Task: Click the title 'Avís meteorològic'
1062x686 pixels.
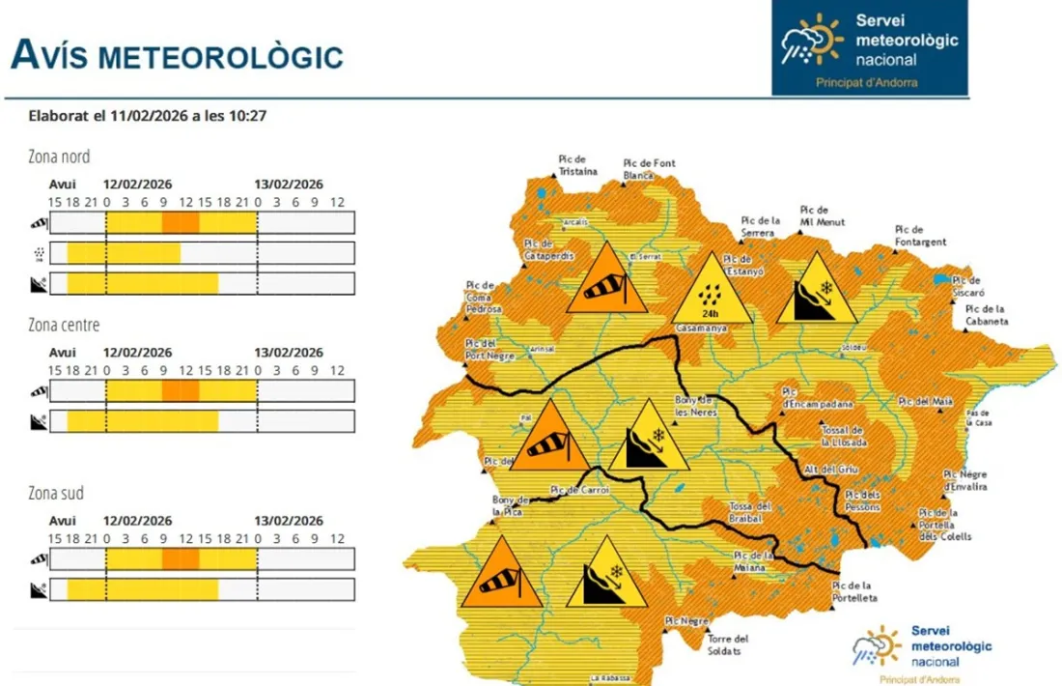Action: pos(177,54)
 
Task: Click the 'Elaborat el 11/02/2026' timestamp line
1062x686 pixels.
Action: pos(148,116)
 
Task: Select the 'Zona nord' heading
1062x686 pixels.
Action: pos(60,157)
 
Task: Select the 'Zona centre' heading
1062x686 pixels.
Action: pos(65,325)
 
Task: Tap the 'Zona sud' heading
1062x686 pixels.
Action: pos(56,493)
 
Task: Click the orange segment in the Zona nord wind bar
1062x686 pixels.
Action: pos(181,223)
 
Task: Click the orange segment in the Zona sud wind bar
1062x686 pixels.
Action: pos(181,559)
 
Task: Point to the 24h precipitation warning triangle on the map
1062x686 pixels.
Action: pos(712,291)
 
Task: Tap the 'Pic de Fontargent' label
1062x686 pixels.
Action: pos(919,236)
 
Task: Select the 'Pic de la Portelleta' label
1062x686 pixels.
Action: pos(854,592)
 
